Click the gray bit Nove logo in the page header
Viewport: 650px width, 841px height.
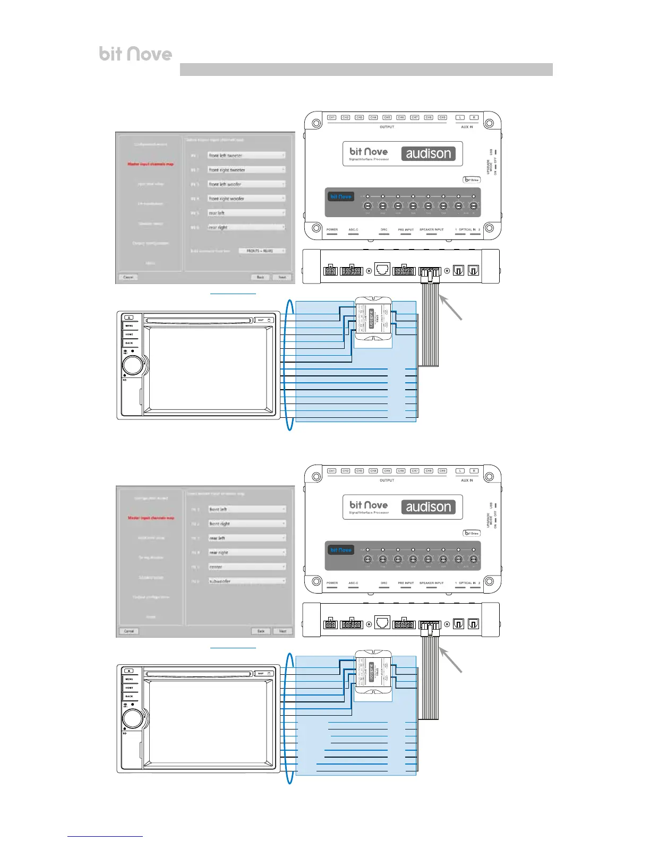point(135,54)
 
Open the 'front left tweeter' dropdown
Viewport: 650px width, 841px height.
point(246,156)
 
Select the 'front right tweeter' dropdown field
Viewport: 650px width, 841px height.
point(246,170)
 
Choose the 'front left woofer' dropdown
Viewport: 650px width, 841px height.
point(246,184)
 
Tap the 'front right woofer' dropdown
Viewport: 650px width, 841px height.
point(246,199)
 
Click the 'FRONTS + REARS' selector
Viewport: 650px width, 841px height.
point(262,251)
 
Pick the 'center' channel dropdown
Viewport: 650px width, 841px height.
point(246,567)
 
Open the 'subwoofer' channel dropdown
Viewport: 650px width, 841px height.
point(246,581)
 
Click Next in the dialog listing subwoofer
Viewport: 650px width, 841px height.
point(283,631)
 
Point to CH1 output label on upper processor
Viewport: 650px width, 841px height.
point(332,117)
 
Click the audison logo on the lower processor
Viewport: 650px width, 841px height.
point(428,507)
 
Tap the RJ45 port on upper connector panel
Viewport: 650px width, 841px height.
point(382,269)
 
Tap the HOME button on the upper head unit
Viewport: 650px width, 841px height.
point(129,334)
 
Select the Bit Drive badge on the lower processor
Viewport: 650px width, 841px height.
point(471,533)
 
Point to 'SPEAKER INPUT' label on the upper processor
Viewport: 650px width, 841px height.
point(431,230)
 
